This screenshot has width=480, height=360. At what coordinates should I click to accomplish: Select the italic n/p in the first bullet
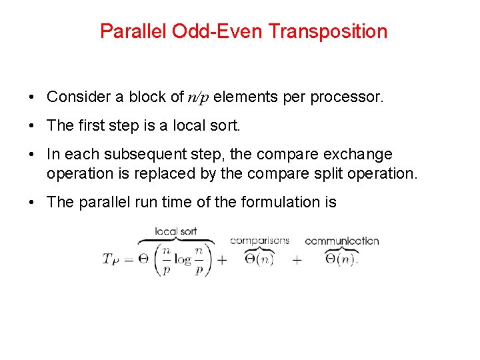198,97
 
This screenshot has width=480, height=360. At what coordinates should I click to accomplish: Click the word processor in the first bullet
351,97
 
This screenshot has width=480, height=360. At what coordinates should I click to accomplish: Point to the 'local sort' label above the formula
175,231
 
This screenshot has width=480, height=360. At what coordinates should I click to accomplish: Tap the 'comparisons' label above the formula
259,241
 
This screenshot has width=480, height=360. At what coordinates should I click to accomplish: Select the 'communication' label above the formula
341,241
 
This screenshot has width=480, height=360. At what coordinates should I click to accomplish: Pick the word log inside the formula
183,260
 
